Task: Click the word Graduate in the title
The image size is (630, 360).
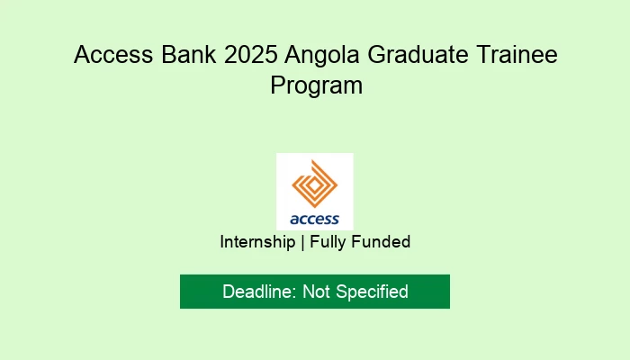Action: [414, 55]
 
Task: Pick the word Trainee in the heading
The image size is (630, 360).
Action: [514, 55]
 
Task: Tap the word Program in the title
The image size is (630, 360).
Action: [315, 86]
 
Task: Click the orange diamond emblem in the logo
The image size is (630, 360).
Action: [315, 185]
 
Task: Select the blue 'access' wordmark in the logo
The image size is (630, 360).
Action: [315, 219]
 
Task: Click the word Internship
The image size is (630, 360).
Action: [257, 242]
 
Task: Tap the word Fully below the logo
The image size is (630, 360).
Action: [330, 242]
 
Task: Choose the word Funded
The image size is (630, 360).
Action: [382, 242]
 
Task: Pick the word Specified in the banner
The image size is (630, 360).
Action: [372, 292]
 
